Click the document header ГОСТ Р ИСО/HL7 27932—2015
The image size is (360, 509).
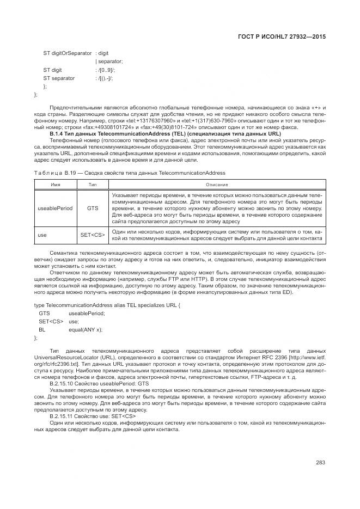coord(285,35)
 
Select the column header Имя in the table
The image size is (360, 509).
coord(55,185)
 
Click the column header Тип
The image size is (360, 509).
coord(92,185)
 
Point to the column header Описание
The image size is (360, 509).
coord(217,185)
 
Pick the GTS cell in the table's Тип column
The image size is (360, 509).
coord(92,208)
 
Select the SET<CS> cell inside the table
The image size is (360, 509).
coord(92,235)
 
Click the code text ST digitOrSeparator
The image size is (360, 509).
coord(68,53)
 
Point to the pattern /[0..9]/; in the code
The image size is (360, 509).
coord(105,70)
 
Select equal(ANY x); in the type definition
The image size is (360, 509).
coord(86,330)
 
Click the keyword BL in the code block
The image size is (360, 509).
coord(41,330)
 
